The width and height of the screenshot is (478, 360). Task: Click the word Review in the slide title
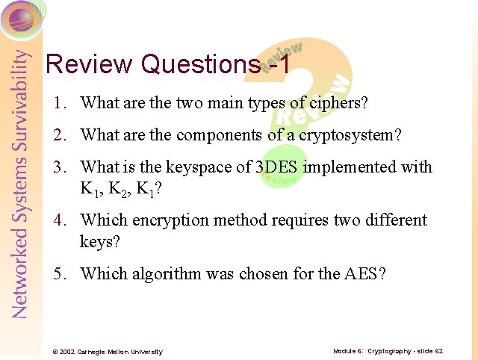pos(90,64)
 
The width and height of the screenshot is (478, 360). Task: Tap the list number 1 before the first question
pos(58,103)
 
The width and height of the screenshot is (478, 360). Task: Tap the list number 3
pos(58,167)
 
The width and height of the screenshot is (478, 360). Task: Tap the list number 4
pos(58,220)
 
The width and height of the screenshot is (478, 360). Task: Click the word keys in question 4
pos(98,242)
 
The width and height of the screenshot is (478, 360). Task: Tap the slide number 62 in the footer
pos(438,351)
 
